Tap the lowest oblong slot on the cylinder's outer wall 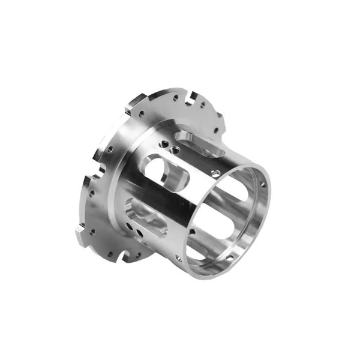click(144, 214)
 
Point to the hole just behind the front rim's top click(214, 172)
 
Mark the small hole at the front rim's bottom click(179, 257)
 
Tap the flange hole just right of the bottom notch click(137, 256)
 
